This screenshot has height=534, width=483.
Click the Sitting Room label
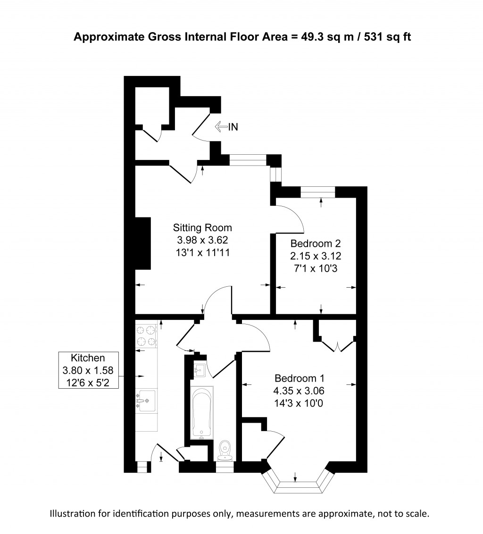202,227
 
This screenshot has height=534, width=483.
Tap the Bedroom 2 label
316,243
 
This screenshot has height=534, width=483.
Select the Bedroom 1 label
300,378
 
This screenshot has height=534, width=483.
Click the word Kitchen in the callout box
88,358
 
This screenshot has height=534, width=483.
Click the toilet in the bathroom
225,450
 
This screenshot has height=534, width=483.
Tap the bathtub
202,413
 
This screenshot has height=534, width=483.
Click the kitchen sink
146,401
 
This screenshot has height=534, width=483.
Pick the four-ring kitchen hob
147,336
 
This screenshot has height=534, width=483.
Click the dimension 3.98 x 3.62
202,240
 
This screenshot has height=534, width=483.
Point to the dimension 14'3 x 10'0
299,403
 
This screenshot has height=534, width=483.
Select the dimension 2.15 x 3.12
316,256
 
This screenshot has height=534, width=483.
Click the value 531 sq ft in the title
388,37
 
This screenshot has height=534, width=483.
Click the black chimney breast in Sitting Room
143,243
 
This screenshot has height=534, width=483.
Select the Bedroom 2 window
318,192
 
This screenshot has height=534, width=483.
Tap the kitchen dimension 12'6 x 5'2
88,383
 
